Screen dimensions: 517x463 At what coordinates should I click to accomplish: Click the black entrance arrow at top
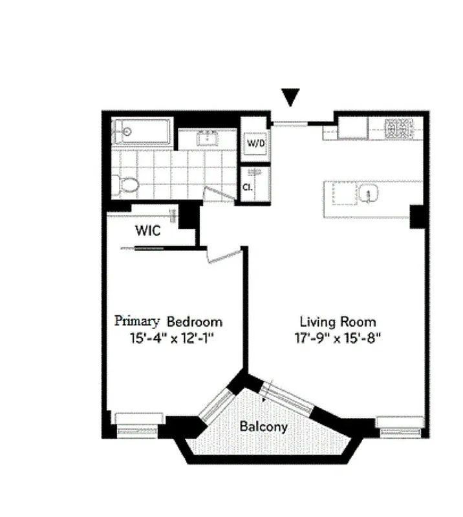point(291,97)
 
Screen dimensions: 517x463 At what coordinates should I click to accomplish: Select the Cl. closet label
point(247,187)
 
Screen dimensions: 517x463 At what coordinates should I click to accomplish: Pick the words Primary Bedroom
point(168,321)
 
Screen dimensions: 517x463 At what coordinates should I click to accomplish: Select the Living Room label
point(337,321)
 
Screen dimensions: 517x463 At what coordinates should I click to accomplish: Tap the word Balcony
point(263,427)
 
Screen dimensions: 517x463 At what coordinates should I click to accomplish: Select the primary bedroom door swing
point(219,255)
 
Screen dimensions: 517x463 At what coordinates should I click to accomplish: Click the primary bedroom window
point(140,421)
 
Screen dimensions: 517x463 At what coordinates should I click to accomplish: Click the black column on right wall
point(418,216)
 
